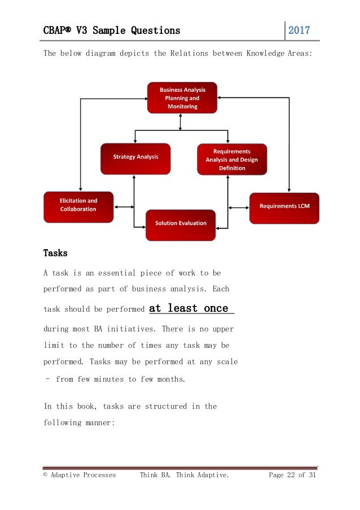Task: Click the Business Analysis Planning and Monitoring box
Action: (182, 98)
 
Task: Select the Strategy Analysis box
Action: (135, 158)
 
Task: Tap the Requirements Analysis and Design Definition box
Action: (232, 159)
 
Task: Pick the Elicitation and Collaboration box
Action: (78, 206)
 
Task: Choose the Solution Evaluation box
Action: (181, 224)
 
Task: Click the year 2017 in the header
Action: (299, 30)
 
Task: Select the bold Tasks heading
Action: (55, 252)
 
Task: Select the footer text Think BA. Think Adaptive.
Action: (185, 475)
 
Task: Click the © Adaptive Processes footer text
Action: (80, 475)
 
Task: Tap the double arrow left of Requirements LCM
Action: (239, 207)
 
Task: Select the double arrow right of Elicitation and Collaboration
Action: (124, 207)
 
